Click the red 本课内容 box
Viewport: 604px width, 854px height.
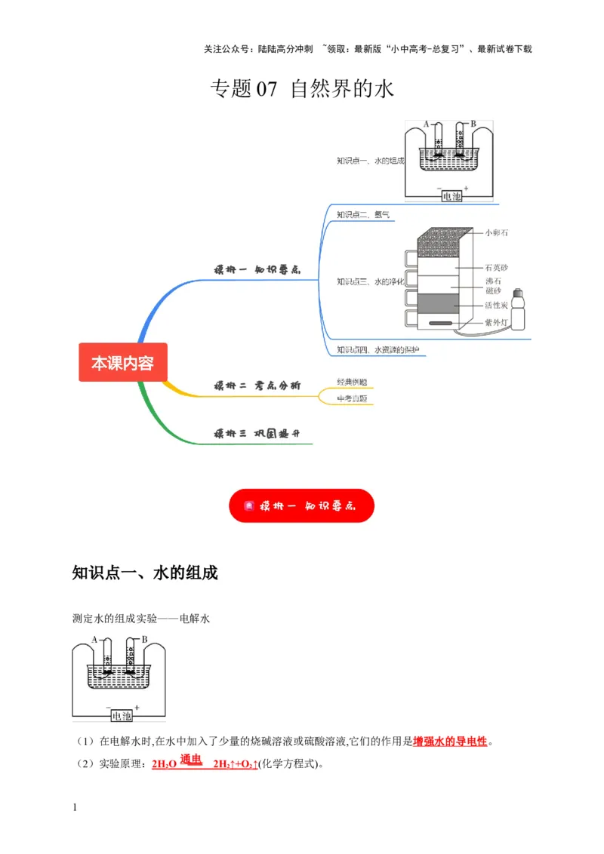tap(122, 363)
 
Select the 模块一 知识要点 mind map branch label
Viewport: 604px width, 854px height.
tap(257, 269)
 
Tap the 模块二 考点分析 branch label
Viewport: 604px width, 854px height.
tap(257, 386)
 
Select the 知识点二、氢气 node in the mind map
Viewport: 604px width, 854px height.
tap(363, 215)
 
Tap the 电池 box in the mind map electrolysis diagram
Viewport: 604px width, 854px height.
tap(451, 195)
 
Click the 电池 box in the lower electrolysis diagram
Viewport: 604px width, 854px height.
tap(121, 715)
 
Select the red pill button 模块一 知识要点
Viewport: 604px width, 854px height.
tap(301, 506)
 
